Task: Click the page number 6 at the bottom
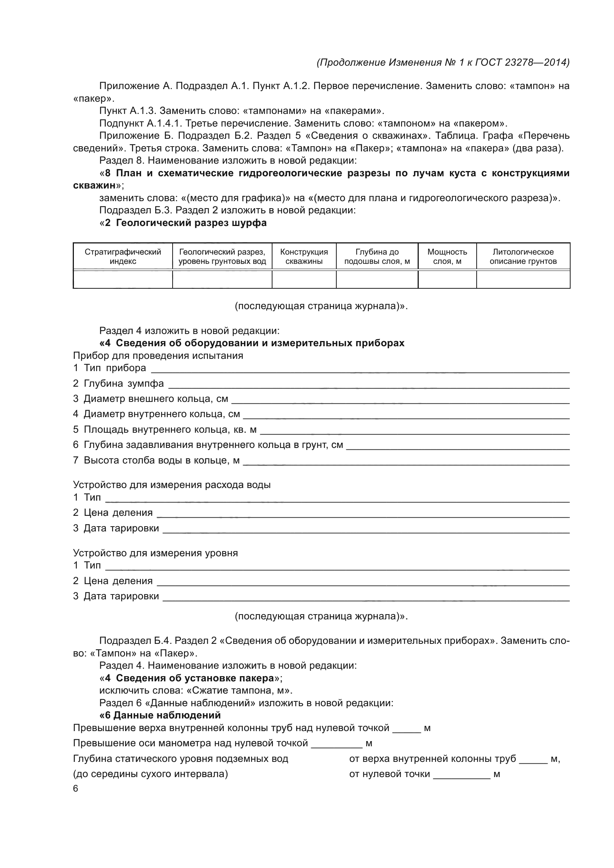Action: [x=76, y=789]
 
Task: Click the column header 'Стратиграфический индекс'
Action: [x=123, y=256]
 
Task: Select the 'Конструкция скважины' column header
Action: [x=304, y=256]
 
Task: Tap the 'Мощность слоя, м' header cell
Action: [x=447, y=256]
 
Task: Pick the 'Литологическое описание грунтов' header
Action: [x=523, y=256]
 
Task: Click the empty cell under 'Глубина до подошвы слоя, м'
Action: [x=377, y=279]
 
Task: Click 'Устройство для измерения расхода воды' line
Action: [x=172, y=485]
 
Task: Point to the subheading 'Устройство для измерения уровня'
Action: [x=155, y=553]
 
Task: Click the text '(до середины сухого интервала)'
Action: [x=150, y=774]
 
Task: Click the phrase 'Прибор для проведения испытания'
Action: [x=158, y=356]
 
